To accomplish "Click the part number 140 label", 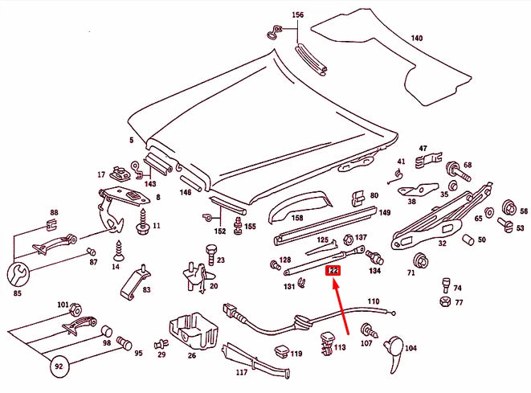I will coord(416,39).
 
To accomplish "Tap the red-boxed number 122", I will coord(333,272).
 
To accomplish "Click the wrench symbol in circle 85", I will coord(21,270).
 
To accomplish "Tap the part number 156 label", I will coord(297,15).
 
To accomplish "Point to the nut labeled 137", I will coord(347,239).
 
